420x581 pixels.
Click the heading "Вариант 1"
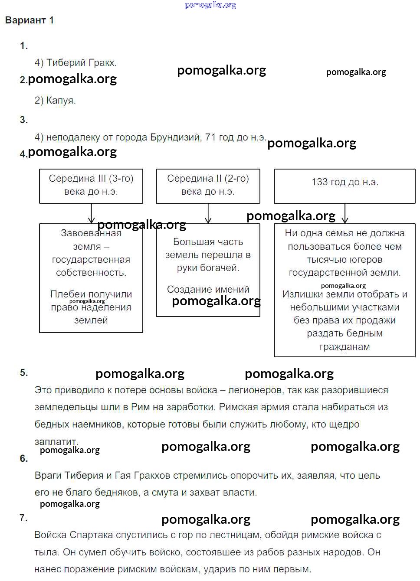pos(29,20)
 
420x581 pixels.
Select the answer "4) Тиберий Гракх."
pos(75,63)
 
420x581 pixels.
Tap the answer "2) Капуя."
pos(55,101)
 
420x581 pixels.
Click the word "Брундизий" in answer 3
pos(176,137)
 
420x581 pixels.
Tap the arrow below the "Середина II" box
pos(208,214)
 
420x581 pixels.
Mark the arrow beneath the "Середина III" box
pos(91,213)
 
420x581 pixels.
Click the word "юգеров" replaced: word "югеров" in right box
pos(367,260)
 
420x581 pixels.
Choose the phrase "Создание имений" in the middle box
pos(208,289)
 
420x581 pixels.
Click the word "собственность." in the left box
pos(91,273)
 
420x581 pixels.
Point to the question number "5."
pos(23,373)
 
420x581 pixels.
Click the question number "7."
pos(23,518)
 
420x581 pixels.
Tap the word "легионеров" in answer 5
pos(255,390)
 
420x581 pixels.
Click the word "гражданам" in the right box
pos(345,347)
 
